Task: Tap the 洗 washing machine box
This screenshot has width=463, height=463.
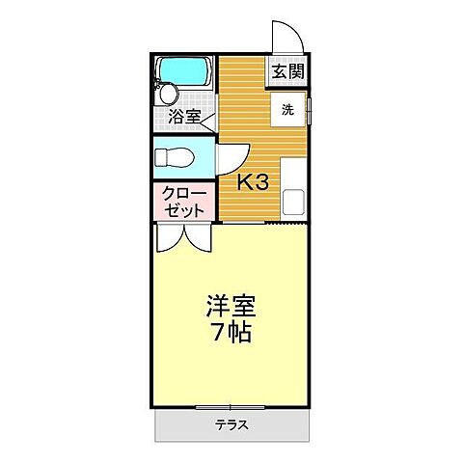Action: coord(288,110)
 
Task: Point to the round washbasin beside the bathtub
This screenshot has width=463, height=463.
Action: coord(169,94)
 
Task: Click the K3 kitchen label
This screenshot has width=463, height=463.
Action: coord(253,182)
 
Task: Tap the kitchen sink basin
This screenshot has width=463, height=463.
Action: coord(294,204)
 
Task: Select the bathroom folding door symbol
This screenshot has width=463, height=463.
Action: coord(209,122)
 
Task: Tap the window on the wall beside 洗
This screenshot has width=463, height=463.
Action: coord(311,110)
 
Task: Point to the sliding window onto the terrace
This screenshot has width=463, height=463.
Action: coord(231,407)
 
